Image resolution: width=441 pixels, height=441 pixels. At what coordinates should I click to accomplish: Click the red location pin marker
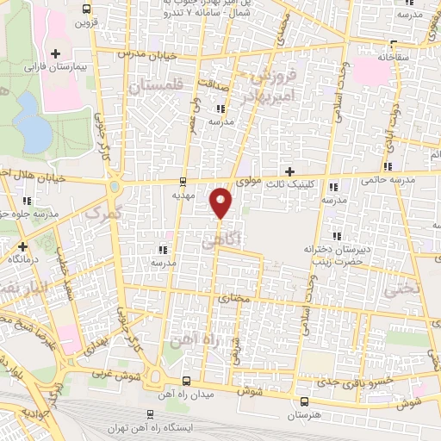[222, 202]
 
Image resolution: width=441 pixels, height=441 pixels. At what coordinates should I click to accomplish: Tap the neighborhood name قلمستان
[157, 87]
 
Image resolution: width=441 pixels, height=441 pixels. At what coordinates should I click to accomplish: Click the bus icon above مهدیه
[183, 181]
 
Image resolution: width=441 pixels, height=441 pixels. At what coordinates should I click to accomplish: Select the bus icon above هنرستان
[303, 401]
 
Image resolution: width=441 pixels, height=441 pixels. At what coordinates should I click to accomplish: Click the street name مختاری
[233, 299]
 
